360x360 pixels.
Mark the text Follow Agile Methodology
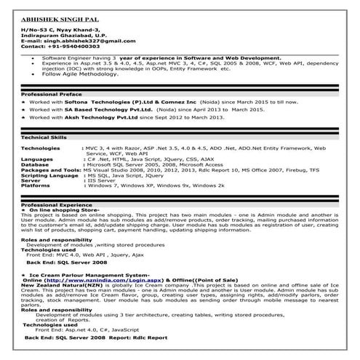click(81, 75)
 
